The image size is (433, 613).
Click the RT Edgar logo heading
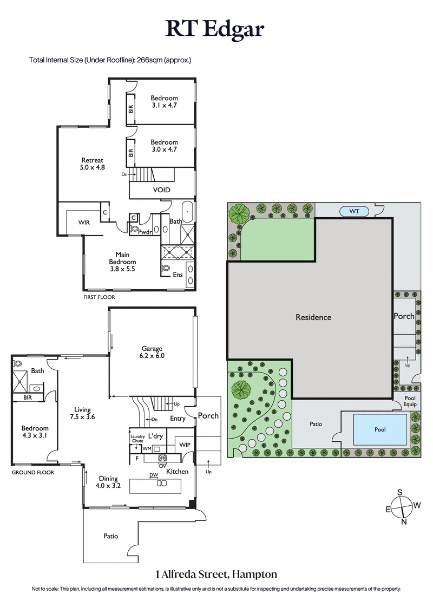point(215,29)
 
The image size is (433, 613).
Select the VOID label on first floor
point(162,190)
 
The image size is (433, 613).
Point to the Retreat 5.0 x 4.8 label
point(93,164)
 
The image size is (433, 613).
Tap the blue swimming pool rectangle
point(380,429)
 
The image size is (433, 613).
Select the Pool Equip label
point(410,401)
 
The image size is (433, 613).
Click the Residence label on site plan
point(313,317)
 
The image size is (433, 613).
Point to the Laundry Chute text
point(137,439)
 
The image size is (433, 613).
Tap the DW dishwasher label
point(153,475)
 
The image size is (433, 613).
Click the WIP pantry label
point(186,445)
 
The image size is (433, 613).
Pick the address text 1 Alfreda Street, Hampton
point(216,573)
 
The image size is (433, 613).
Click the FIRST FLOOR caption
point(99,297)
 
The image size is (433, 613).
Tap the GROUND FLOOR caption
point(32,472)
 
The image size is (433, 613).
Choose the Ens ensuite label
point(178,275)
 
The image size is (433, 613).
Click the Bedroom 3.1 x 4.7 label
point(164,102)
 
